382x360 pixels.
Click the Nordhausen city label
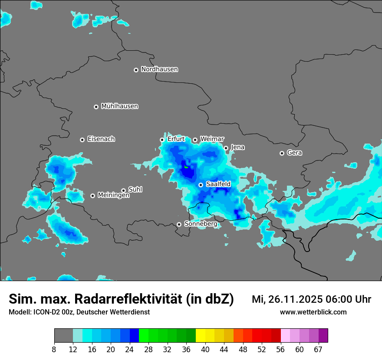(159, 69)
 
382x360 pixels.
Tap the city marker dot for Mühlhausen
(96, 107)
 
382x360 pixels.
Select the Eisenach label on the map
(101, 139)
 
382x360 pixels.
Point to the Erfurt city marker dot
(162, 140)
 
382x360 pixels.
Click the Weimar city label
(212, 139)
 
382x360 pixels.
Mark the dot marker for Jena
(226, 148)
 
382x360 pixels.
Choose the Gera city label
(294, 153)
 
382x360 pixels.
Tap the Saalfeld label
(218, 184)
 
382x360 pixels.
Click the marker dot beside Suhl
(123, 190)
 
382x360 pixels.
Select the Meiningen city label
(113, 196)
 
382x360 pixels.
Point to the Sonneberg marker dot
(179, 224)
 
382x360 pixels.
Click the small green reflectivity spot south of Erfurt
(186, 167)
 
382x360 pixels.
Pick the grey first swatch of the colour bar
(63, 336)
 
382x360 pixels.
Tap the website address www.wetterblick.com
(313, 312)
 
